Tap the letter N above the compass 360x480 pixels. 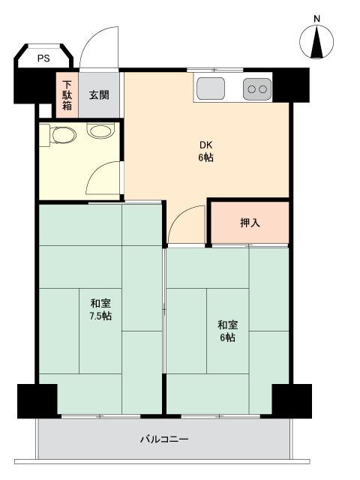click(x=316, y=18)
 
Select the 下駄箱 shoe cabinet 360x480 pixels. click(x=67, y=94)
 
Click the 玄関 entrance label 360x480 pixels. click(x=99, y=94)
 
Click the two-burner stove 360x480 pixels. click(x=257, y=90)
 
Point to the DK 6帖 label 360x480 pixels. click(x=206, y=151)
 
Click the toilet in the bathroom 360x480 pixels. click(x=62, y=135)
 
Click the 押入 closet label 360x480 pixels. click(x=249, y=223)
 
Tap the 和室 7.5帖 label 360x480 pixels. click(x=101, y=310)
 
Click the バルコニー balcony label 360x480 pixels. click(x=163, y=439)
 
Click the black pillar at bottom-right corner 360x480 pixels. click(x=291, y=399)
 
